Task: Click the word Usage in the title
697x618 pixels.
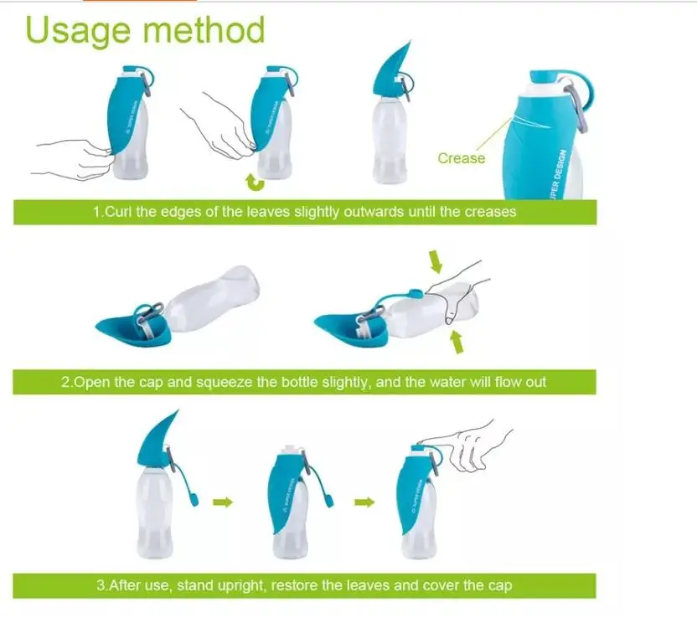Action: point(78,31)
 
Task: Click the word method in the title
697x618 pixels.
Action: point(204,29)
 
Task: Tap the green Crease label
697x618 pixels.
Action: point(462,158)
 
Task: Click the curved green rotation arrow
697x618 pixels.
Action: point(255,183)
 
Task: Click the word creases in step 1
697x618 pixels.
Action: point(490,212)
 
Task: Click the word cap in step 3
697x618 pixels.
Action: point(499,586)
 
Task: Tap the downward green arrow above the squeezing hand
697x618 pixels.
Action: point(435,261)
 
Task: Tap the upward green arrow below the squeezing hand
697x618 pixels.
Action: point(457,342)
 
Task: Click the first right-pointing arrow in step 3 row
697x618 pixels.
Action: point(223,502)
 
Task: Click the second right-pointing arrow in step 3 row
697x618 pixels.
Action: point(364,502)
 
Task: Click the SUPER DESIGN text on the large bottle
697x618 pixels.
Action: point(560,174)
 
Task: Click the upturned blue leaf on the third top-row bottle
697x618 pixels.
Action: point(390,69)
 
